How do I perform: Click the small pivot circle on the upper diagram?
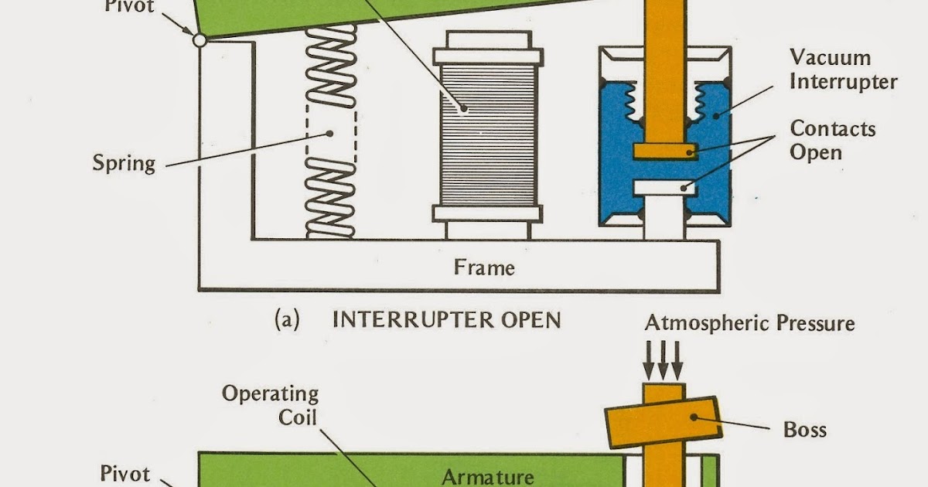(200, 39)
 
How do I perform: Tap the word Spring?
(124, 163)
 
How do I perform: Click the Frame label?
(484, 268)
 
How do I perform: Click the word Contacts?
(833, 128)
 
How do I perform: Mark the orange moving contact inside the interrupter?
(664, 152)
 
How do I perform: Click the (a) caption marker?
(287, 320)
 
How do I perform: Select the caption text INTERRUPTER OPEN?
(446, 320)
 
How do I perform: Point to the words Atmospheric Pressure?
(750, 322)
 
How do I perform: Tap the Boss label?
(805, 428)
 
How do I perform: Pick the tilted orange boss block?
(664, 423)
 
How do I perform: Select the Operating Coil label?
(270, 404)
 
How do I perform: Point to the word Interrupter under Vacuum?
(844, 81)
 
